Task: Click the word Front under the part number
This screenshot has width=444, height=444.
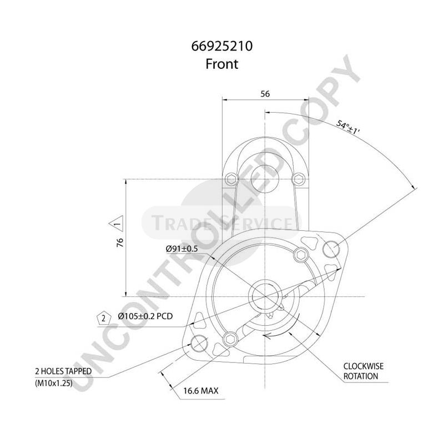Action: [x=222, y=64]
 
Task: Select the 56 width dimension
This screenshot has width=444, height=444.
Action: [x=265, y=94]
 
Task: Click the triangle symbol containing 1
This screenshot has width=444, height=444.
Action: [x=117, y=224]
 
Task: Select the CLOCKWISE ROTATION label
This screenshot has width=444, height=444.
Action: [x=364, y=371]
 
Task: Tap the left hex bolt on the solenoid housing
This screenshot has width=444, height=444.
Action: [x=233, y=179]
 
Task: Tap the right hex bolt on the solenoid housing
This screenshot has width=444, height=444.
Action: [x=297, y=179]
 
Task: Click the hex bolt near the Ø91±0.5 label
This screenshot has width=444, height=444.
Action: [x=301, y=255]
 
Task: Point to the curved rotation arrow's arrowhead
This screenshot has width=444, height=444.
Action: [x=266, y=335]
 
